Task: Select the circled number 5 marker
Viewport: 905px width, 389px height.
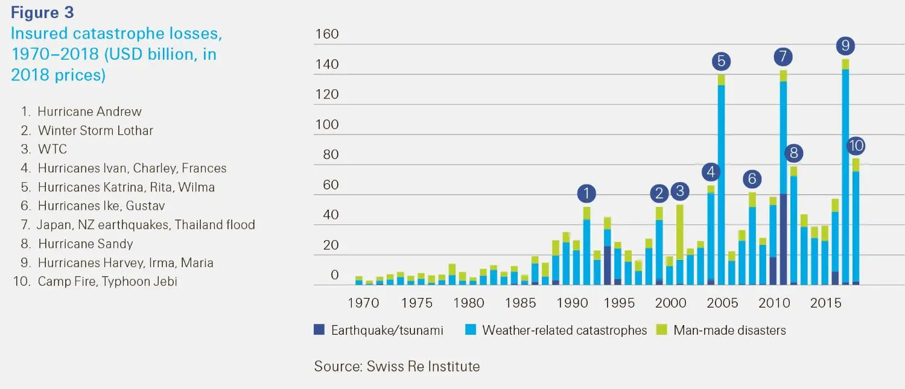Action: (721, 61)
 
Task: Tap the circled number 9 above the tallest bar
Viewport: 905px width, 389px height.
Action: (845, 46)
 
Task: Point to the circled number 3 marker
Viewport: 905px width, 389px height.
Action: (680, 192)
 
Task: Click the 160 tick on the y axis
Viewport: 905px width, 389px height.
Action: (327, 35)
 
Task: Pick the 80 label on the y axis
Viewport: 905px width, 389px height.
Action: (327, 155)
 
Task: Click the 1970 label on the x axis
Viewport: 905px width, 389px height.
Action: (363, 303)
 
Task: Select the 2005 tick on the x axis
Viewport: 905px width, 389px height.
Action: (722, 303)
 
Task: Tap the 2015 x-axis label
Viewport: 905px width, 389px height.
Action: (825, 303)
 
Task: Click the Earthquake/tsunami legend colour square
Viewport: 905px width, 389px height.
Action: (319, 330)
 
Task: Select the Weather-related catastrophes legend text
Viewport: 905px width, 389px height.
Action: (564, 330)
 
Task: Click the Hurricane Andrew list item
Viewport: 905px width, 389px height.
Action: (89, 112)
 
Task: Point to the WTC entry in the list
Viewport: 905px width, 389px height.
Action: (52, 150)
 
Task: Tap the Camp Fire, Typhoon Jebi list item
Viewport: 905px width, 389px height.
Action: (107, 282)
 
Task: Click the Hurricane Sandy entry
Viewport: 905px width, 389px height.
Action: (85, 244)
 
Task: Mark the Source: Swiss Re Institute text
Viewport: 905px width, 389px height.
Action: (396, 366)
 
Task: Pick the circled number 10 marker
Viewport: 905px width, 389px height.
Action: (856, 145)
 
